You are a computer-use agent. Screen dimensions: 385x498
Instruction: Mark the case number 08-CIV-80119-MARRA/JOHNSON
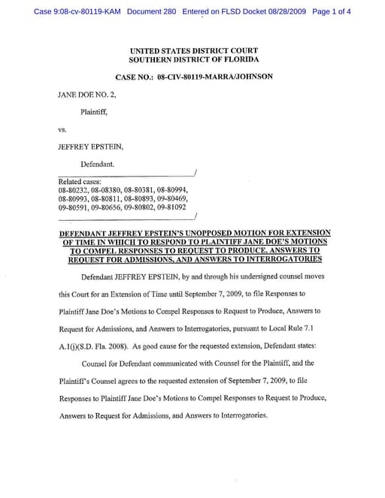click(215, 77)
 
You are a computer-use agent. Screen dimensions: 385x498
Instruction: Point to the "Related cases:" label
click(80, 183)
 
